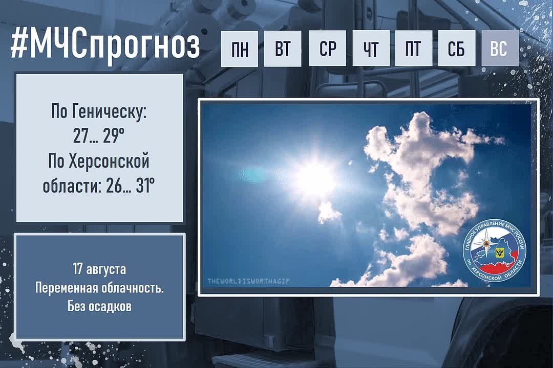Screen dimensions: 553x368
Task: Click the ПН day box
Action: tap(240, 48)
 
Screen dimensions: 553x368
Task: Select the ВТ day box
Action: tap(283, 48)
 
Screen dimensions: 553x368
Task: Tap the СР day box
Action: tap(327, 48)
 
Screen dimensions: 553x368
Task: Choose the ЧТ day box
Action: tap(371, 48)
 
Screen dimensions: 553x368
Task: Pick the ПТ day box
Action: tap(413, 48)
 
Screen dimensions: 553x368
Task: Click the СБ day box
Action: tap(456, 48)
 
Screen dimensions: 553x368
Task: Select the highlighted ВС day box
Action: tap(500, 48)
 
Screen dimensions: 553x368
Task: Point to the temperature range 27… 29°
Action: tap(99, 135)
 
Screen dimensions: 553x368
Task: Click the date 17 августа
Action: tap(99, 269)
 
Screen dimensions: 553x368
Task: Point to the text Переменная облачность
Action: tap(99, 288)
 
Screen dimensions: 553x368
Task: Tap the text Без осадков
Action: tap(99, 306)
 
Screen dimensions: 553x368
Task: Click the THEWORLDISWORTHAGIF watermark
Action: tap(248, 281)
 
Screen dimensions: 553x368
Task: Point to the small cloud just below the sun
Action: tap(329, 212)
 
